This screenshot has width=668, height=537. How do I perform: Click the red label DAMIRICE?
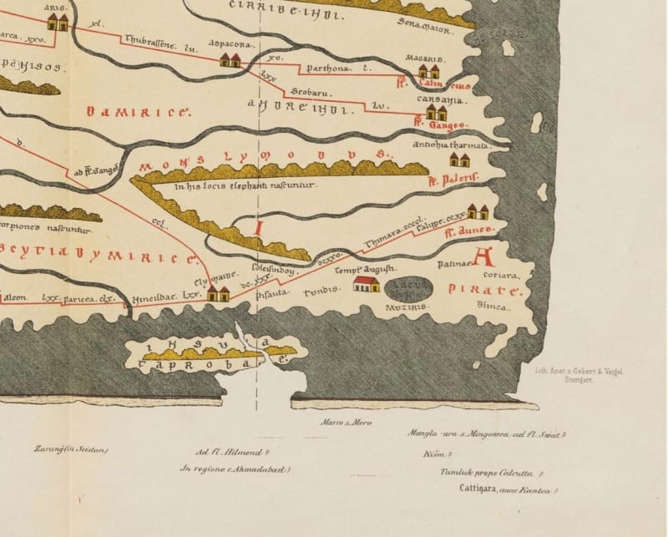pyautogui.click(x=139, y=111)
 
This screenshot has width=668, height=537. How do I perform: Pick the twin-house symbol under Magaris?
pyautogui.click(x=429, y=72)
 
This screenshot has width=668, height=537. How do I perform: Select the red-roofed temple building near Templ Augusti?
pyautogui.click(x=366, y=285)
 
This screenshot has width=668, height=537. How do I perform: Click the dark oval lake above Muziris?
pyautogui.click(x=409, y=290)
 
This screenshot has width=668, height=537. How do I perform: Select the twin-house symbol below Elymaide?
pyautogui.click(x=219, y=293)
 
